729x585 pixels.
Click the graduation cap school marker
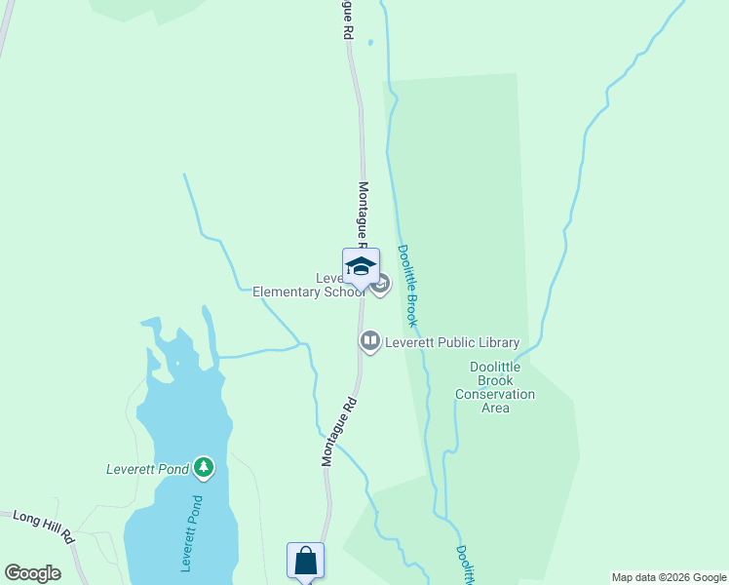[361, 267]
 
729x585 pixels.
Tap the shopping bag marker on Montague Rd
[305, 561]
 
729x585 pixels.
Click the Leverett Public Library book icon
[370, 341]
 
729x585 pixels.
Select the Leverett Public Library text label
[452, 342]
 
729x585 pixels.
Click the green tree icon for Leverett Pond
[204, 469]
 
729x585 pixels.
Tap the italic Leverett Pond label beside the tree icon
[147, 469]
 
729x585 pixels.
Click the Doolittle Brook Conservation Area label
[495, 387]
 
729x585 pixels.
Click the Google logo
[32, 573]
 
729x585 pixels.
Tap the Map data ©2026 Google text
[670, 577]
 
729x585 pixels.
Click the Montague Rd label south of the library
[339, 430]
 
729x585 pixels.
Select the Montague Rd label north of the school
[364, 213]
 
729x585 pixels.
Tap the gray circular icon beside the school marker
[381, 285]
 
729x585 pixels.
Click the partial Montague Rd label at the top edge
[346, 19]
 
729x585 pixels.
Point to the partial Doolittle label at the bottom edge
[464, 565]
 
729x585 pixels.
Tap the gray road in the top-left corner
[5, 29]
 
